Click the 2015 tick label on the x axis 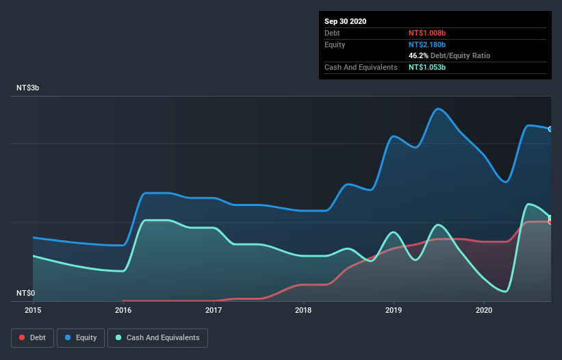tap(33, 310)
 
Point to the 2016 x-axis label tap(123, 310)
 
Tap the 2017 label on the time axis tap(214, 310)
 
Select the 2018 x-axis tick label tap(303, 310)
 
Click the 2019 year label tap(394, 310)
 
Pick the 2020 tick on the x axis tap(484, 310)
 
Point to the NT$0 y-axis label tap(25, 293)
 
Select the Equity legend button tap(80, 337)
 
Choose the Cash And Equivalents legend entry tap(157, 337)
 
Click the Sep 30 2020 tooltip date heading tap(346, 21)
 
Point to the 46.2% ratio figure tap(418, 55)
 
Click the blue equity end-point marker tap(550, 129)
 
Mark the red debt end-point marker tap(550, 221)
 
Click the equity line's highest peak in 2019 tap(438, 109)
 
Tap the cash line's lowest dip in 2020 tap(506, 292)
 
